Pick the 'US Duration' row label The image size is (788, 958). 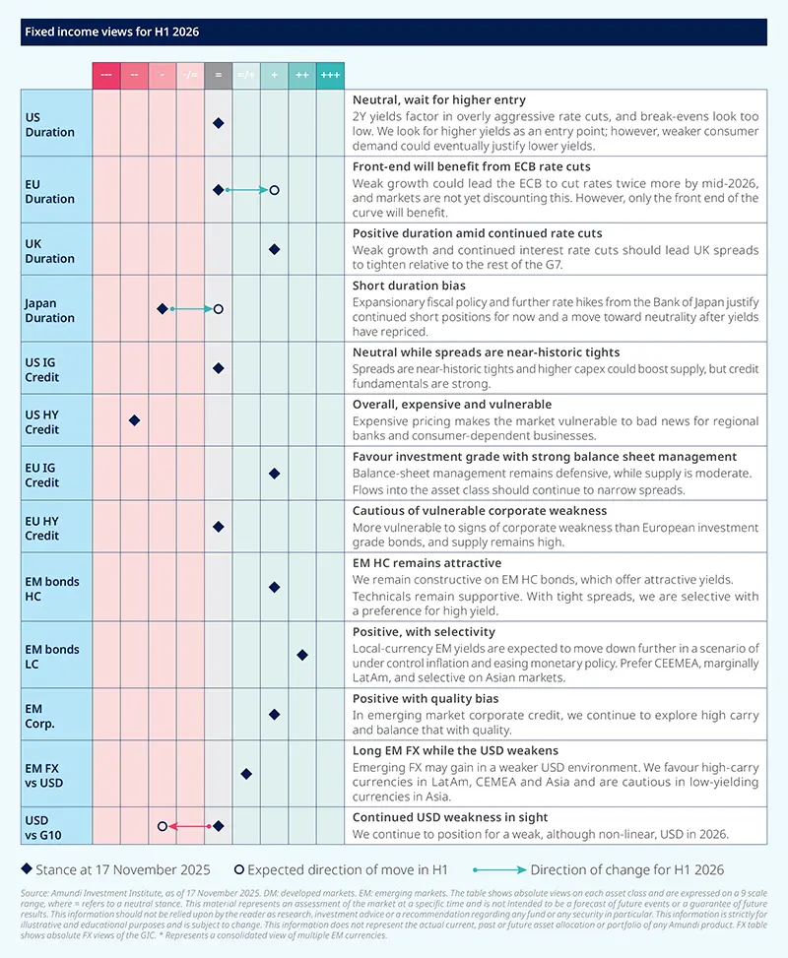click(x=49, y=124)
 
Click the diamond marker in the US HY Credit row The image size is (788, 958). click(x=134, y=420)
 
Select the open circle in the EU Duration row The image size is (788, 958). click(x=275, y=189)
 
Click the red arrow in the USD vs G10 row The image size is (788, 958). click(x=189, y=826)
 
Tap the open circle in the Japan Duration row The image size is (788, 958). click(x=219, y=309)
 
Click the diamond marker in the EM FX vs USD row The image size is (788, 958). click(x=246, y=774)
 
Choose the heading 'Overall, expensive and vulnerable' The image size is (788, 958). click(x=452, y=405)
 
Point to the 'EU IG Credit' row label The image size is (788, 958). click(x=44, y=475)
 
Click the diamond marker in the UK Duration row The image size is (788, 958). click(x=275, y=249)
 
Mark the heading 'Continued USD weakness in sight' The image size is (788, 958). click(x=450, y=817)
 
